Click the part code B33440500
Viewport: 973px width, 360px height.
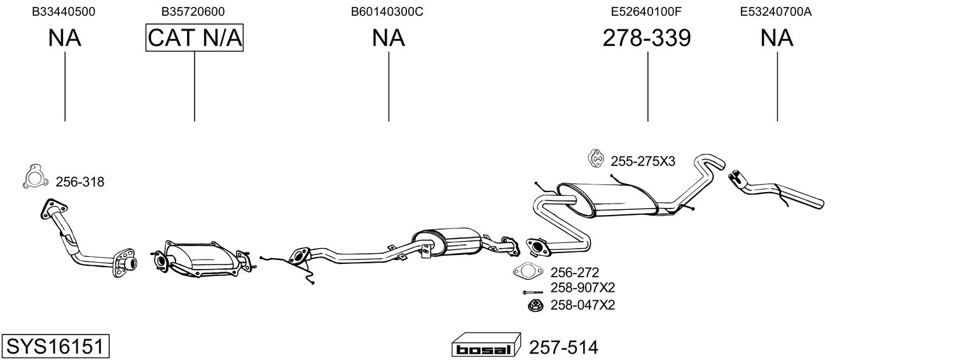(x=64, y=11)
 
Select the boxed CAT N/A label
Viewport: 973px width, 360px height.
(x=194, y=38)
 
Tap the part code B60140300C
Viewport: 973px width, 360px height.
(x=387, y=11)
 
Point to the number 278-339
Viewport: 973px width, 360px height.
(x=646, y=38)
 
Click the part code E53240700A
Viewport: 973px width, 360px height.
(x=776, y=11)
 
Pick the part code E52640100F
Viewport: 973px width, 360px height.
(x=646, y=11)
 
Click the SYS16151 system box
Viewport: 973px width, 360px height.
(x=55, y=346)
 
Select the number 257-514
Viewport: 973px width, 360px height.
(x=563, y=347)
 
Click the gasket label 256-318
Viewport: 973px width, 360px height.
(x=80, y=182)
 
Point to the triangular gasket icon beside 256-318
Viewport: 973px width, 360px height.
(x=35, y=177)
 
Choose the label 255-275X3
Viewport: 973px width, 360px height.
(x=643, y=162)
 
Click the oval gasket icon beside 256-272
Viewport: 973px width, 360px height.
(x=527, y=272)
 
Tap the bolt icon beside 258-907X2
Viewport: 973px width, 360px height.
(x=533, y=292)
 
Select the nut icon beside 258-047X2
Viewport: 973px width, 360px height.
(x=535, y=305)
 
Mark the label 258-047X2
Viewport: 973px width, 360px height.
(x=583, y=305)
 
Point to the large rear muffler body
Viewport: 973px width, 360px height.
(x=608, y=199)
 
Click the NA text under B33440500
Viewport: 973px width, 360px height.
(x=64, y=38)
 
